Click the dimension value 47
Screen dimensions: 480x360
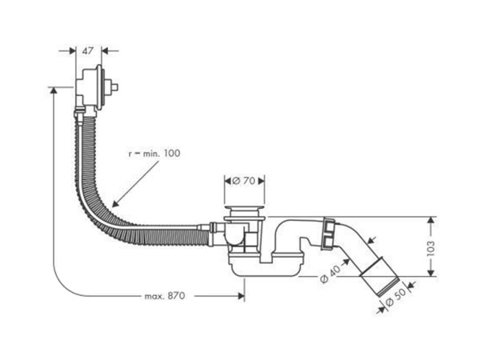(88, 51)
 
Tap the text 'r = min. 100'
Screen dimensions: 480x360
(154, 153)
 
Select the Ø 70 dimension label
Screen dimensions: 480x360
(244, 181)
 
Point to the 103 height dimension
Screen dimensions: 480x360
(430, 248)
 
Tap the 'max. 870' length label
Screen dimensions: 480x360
(165, 296)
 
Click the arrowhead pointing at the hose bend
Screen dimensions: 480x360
(115, 204)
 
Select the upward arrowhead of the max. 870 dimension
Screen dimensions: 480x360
(54, 90)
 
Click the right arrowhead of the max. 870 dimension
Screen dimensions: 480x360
(242, 296)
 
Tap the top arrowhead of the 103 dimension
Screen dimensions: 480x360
(431, 220)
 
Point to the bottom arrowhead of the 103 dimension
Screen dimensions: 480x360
(431, 273)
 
